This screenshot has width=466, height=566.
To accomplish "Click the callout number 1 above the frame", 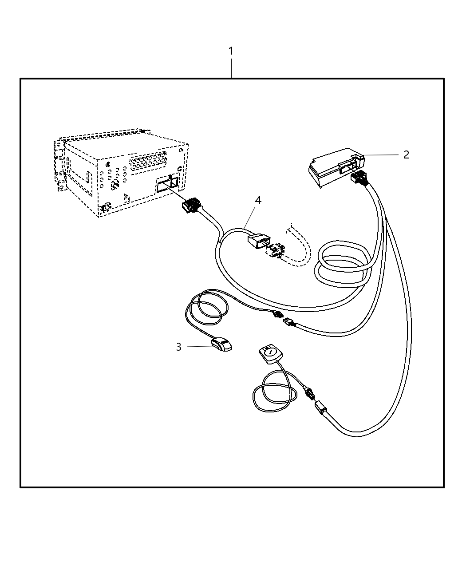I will (231, 51).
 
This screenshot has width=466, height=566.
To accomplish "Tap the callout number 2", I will (406, 154).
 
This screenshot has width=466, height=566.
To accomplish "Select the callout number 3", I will (178, 347).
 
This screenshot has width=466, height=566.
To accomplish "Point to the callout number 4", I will (257, 200).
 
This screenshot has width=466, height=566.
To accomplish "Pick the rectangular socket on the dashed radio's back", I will (167, 184).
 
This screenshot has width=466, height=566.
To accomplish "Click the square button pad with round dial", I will (269, 354).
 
